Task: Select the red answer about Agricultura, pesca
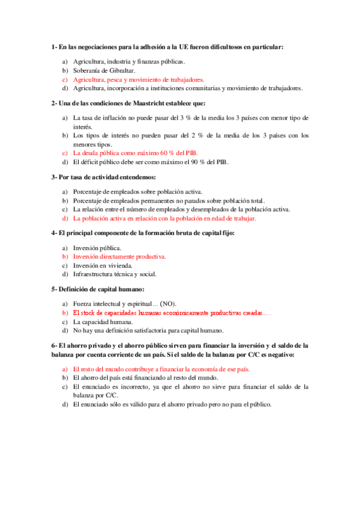pos(138,79)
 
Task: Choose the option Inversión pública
pos(97,248)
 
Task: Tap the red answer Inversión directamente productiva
pos(119,257)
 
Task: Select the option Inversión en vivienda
pos(103,265)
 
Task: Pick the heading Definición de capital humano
pos(101,289)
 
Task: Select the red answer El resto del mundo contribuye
pos(161,369)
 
